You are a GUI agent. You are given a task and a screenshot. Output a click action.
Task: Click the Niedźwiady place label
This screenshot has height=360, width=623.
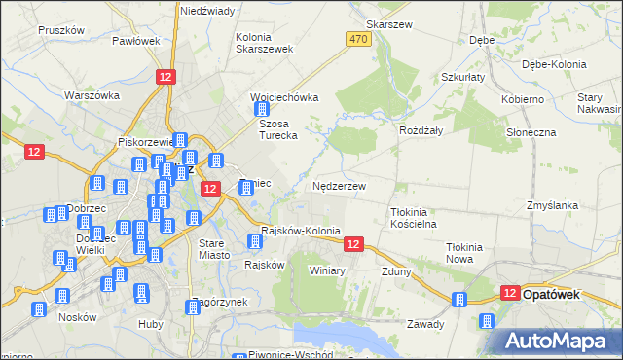pos(206,11)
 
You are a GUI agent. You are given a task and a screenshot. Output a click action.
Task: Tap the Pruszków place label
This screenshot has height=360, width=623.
pos(56,30)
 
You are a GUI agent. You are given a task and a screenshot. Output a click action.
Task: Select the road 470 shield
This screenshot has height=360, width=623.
pos(357,38)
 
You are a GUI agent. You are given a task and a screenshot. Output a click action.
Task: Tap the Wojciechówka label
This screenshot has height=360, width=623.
pos(284,97)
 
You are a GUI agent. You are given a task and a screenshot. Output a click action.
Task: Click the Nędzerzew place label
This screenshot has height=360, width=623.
pos(340,185)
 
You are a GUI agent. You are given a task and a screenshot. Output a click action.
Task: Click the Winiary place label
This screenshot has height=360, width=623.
pos(328,270)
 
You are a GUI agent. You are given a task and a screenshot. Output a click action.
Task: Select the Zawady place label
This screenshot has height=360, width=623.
pos(425,324)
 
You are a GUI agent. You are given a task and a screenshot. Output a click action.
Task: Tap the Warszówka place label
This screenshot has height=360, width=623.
pos(92,95)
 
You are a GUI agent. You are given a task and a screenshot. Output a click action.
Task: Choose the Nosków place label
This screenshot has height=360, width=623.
pos(77,316)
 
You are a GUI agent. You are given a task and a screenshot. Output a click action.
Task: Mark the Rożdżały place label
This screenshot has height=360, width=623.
pos(421,128)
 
